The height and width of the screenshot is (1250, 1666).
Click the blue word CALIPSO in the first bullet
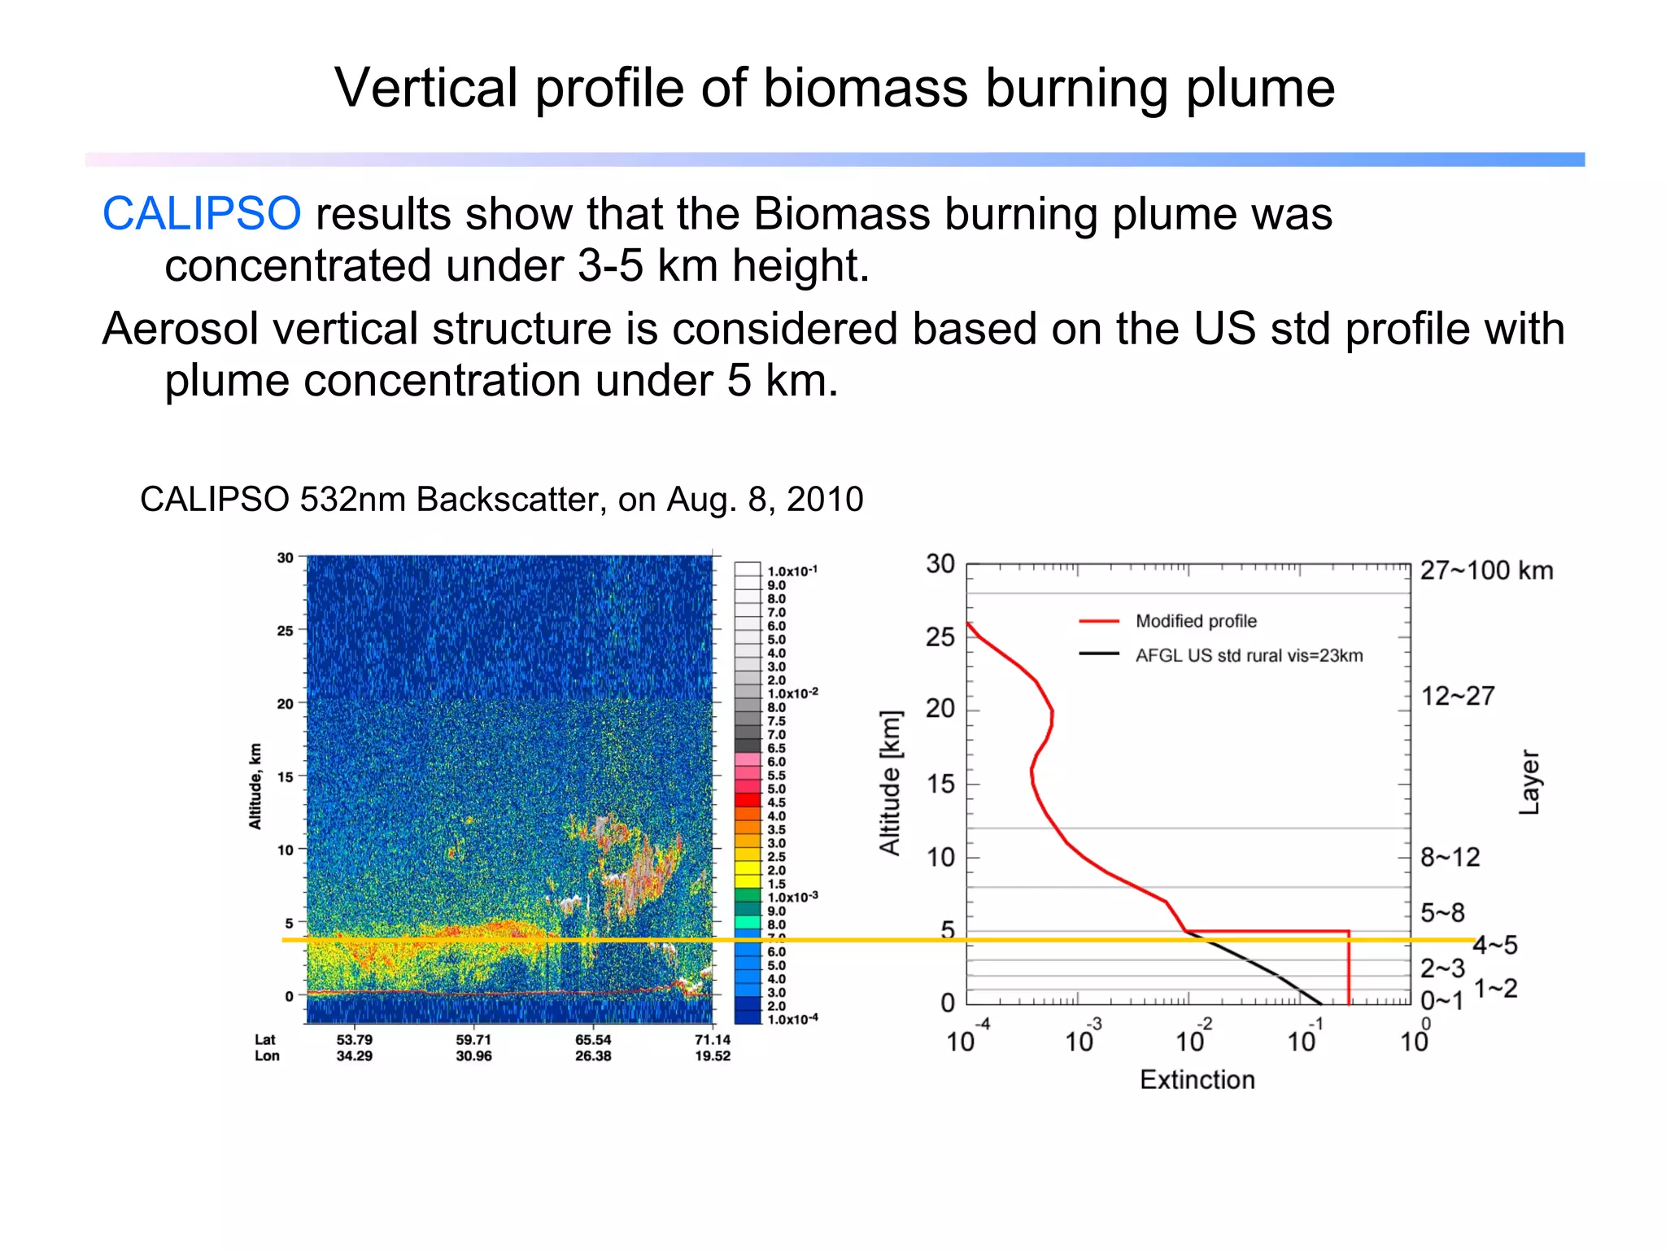pyautogui.click(x=202, y=214)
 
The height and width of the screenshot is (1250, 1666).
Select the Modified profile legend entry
pyautogui.click(x=1196, y=621)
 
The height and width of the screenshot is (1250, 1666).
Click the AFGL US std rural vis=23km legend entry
pyautogui.click(x=1249, y=655)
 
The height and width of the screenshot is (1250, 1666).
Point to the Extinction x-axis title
pyautogui.click(x=1197, y=1080)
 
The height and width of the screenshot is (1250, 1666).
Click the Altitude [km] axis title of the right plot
pyautogui.click(x=891, y=783)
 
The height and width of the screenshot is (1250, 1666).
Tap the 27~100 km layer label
pyautogui.click(x=1486, y=570)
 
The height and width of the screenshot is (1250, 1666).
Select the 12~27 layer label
pyautogui.click(x=1457, y=696)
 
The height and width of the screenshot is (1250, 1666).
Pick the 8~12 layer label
pyautogui.click(x=1450, y=857)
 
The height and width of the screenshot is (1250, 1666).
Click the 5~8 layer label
pyautogui.click(x=1442, y=912)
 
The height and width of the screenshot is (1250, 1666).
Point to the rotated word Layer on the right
pyautogui.click(x=1529, y=782)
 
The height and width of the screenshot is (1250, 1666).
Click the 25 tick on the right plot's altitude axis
pyautogui.click(x=940, y=636)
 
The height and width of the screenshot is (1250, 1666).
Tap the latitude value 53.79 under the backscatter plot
pyautogui.click(x=355, y=1039)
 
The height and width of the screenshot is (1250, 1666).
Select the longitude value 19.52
pyautogui.click(x=713, y=1056)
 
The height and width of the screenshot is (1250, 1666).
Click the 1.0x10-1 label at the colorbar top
pyautogui.click(x=792, y=571)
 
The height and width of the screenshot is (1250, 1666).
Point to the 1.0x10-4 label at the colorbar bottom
pyautogui.click(x=792, y=1019)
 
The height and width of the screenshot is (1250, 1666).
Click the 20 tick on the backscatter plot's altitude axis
pyautogui.click(x=285, y=703)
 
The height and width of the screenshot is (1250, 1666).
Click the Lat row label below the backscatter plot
pyautogui.click(x=265, y=1039)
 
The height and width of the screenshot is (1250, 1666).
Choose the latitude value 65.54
pyautogui.click(x=593, y=1039)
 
